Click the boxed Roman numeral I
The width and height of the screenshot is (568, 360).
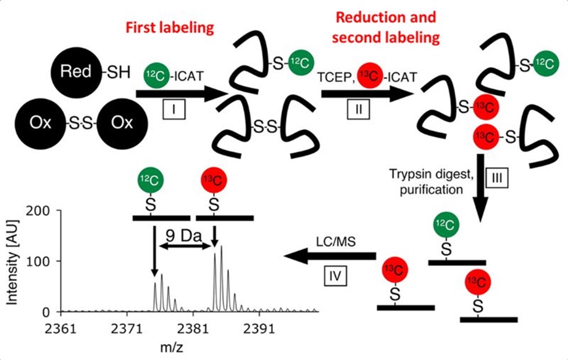(x=175, y=110)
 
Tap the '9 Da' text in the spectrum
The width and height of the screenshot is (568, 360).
(x=183, y=236)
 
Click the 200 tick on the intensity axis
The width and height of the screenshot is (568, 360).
(x=44, y=211)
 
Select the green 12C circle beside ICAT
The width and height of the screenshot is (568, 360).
(x=154, y=75)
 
